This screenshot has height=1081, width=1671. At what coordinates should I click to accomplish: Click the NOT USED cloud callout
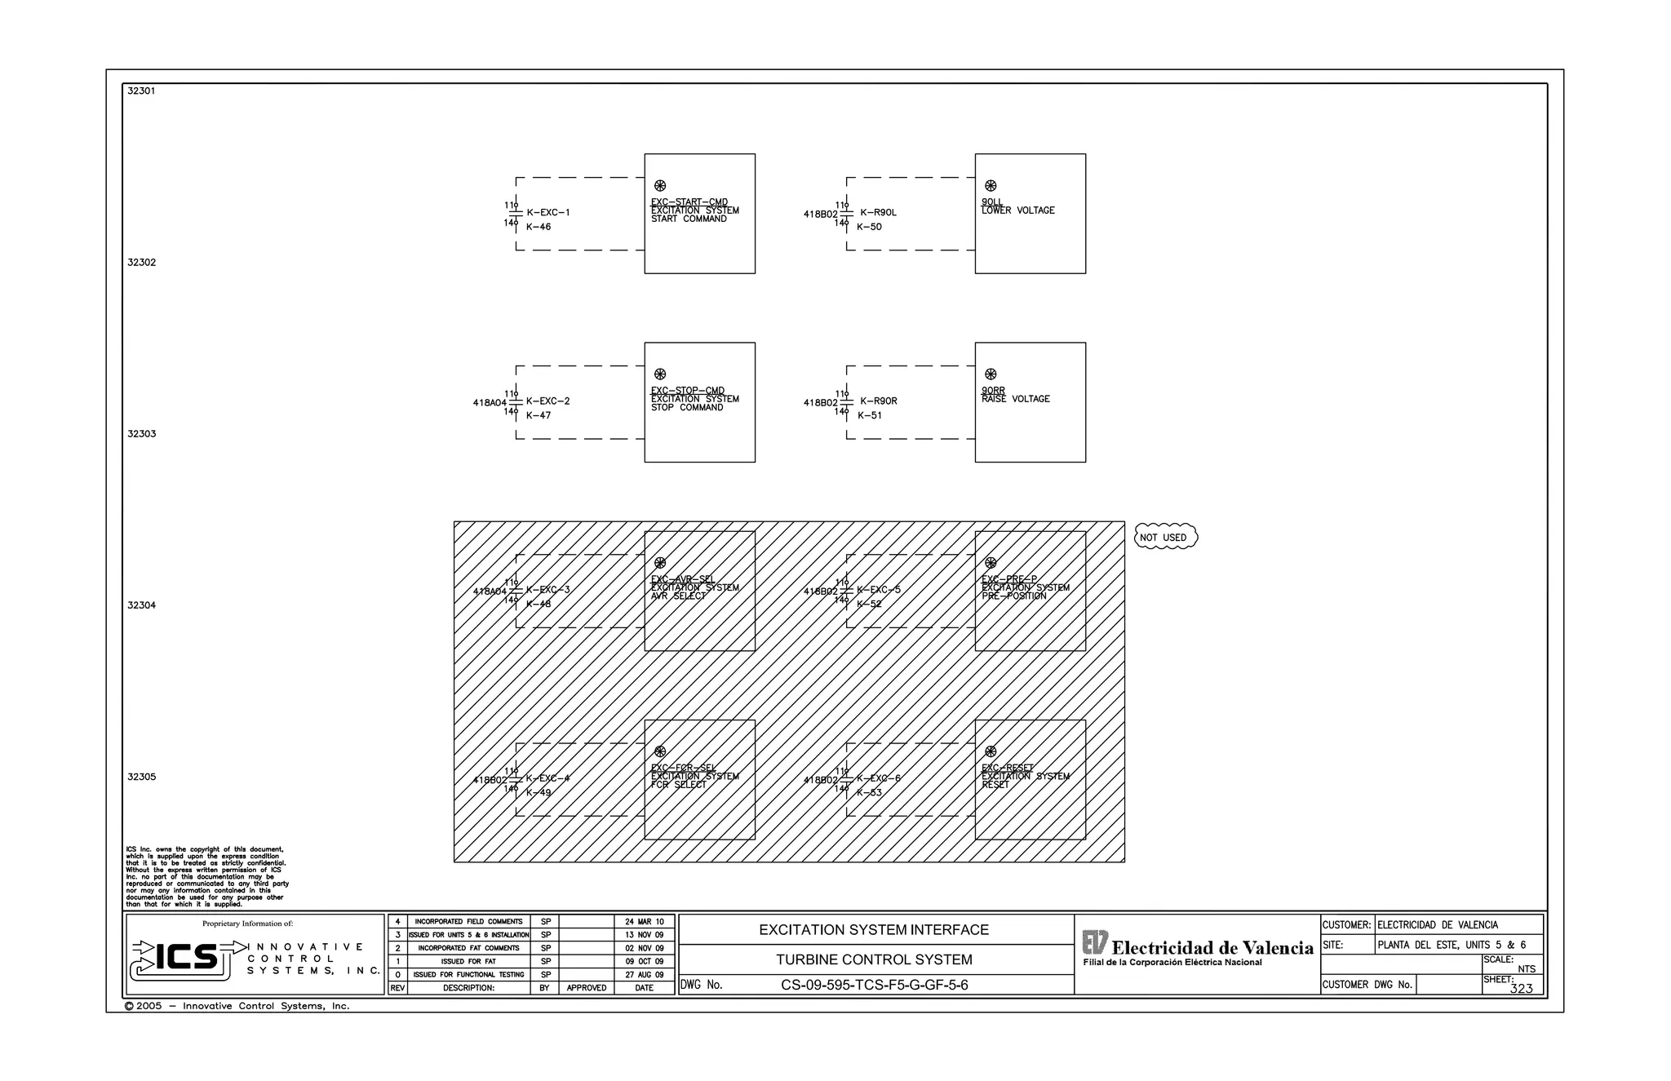coord(1165,537)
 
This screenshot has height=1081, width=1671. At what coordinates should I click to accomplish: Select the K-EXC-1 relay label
coord(547,213)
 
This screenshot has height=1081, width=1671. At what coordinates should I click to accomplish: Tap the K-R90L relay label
coord(878,213)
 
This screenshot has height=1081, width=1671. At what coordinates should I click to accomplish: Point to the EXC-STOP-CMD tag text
coord(687,391)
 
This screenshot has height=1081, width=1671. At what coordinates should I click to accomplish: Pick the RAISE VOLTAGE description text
coord(1015,399)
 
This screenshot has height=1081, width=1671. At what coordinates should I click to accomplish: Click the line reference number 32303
coord(141,434)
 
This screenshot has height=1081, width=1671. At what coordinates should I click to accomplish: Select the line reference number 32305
coord(141,777)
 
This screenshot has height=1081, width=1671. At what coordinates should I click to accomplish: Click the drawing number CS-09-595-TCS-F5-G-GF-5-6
coord(874,985)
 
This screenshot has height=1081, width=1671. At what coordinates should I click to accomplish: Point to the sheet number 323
coord(1521,989)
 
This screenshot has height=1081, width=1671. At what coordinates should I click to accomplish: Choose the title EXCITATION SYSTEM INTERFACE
coord(873,930)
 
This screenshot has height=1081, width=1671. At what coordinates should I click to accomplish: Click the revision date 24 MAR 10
coord(644,922)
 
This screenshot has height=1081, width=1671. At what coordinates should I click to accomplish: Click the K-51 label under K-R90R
coord(869,415)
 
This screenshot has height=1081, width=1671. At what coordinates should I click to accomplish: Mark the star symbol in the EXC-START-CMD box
coord(660,186)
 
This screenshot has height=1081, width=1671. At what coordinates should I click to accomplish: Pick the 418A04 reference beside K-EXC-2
coord(490,403)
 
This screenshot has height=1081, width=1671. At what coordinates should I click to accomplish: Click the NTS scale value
coord(1526,969)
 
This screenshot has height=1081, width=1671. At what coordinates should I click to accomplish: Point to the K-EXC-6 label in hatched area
coord(878,778)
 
